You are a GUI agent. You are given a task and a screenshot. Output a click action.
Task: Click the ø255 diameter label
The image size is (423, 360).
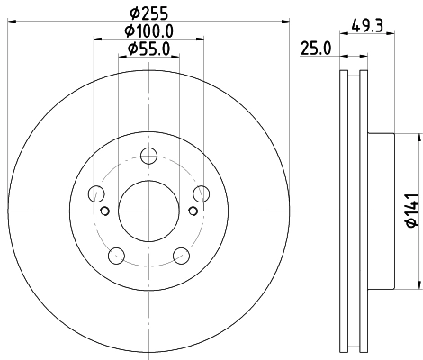pyautogui.click(x=148, y=13)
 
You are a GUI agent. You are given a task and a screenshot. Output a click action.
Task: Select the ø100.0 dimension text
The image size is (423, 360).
pyautogui.click(x=148, y=31)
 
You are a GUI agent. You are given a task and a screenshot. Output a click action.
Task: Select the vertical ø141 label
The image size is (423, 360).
pyautogui.click(x=409, y=211)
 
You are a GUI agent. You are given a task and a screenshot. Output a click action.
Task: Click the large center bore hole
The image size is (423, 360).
pyautogui.click(x=148, y=211)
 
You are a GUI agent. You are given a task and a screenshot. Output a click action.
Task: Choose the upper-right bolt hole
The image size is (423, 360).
pyautogui.click(x=200, y=193)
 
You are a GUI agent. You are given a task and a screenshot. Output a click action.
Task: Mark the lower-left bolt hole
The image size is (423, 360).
pyautogui.click(x=115, y=255)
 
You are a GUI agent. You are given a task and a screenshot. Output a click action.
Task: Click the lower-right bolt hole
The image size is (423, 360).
pyautogui.click(x=180, y=255)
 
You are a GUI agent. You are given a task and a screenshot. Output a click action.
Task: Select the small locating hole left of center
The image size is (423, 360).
pyautogui.click(x=104, y=211)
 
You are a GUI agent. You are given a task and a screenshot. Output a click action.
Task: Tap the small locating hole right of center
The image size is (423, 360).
pyautogui.click(x=191, y=211)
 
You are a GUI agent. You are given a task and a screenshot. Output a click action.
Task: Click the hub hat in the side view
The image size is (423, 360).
pyautogui.click(x=382, y=211)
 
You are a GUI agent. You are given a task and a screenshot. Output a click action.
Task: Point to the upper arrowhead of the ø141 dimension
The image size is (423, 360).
pyautogui.click(x=418, y=137)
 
